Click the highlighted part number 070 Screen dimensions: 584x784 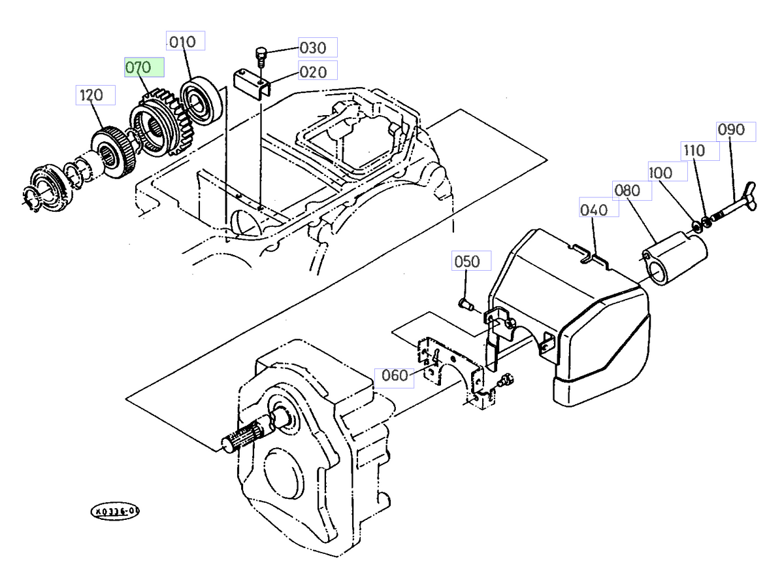pyautogui.click(x=144, y=68)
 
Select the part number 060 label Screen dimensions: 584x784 pyautogui.click(x=394, y=376)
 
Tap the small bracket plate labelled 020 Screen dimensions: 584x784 pyautogui.click(x=251, y=84)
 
